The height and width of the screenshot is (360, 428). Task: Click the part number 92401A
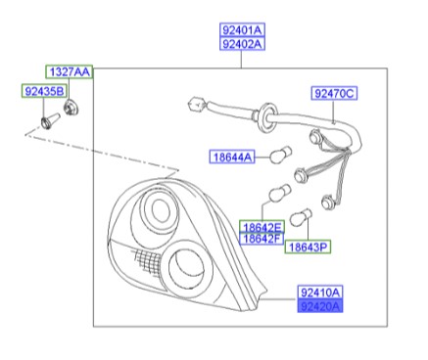pyautogui.click(x=241, y=31)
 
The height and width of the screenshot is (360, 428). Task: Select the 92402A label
pyautogui.click(x=241, y=44)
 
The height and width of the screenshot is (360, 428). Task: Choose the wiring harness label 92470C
pyautogui.click(x=335, y=94)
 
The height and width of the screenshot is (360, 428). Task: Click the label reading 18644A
pyautogui.click(x=231, y=157)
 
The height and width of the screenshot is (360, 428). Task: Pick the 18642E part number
pyautogui.click(x=262, y=227)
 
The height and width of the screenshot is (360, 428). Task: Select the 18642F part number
pyautogui.click(x=262, y=239)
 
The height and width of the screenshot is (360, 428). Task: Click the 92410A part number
pyautogui.click(x=320, y=292)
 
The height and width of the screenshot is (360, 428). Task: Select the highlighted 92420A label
pyautogui.click(x=320, y=305)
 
